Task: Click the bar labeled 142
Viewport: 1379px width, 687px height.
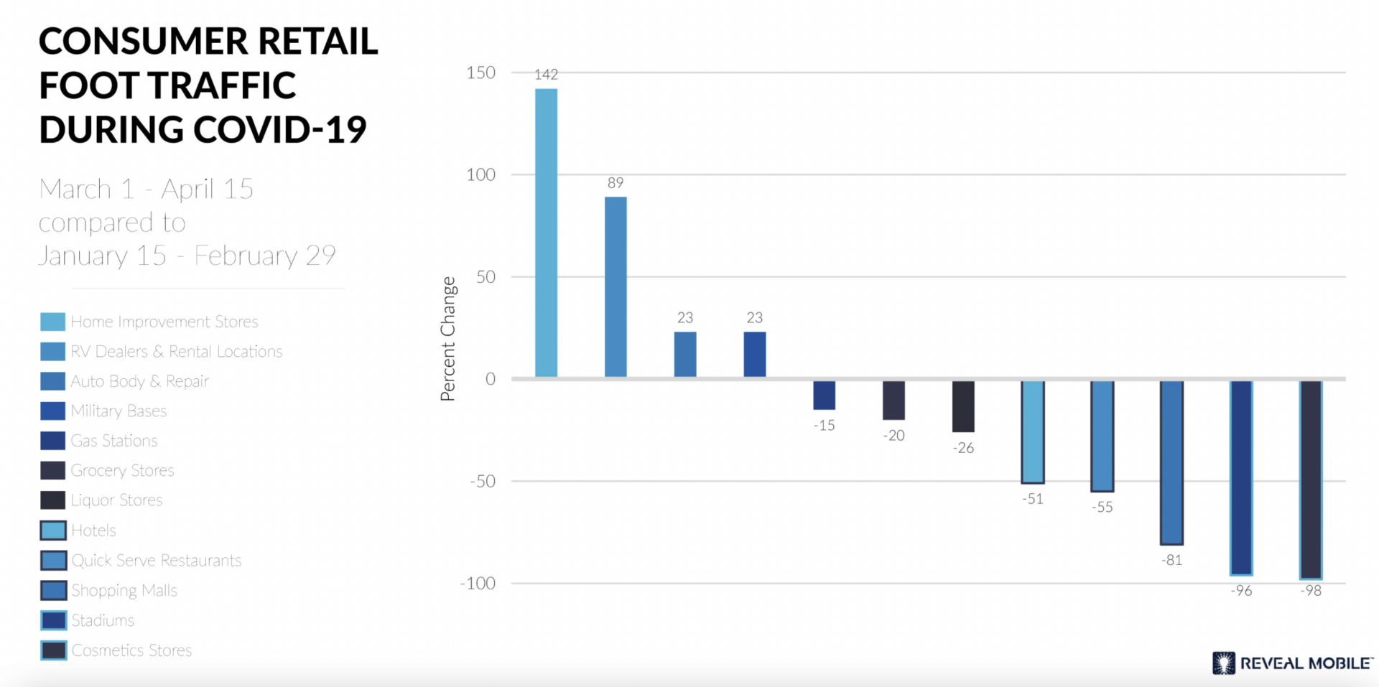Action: coord(546,233)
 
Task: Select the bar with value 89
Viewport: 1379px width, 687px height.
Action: coord(616,286)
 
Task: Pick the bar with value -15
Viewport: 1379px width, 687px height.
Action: coord(824,395)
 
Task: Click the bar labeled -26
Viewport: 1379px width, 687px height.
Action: coord(963,406)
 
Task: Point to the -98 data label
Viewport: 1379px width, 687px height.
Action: coord(1311,591)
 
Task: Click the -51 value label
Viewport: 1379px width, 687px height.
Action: coord(1033,499)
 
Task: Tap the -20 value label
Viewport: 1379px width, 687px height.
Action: coord(893,436)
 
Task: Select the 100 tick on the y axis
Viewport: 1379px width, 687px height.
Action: coord(480,174)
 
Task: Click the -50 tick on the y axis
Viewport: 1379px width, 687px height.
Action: coord(482,481)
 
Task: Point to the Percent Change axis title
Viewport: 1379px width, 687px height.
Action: coord(448,339)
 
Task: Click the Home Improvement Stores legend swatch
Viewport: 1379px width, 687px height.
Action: coord(52,322)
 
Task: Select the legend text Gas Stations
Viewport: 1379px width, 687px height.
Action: coord(114,441)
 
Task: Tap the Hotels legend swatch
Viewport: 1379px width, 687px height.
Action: coord(53,531)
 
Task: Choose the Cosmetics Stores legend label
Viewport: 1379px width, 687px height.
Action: coord(131,650)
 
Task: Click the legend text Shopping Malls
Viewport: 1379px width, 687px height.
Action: coord(124,590)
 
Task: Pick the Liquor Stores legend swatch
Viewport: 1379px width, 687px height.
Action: coord(52,500)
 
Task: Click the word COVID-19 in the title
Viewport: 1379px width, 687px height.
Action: coord(279,130)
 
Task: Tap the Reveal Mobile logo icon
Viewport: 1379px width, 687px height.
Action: coord(1223,663)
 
